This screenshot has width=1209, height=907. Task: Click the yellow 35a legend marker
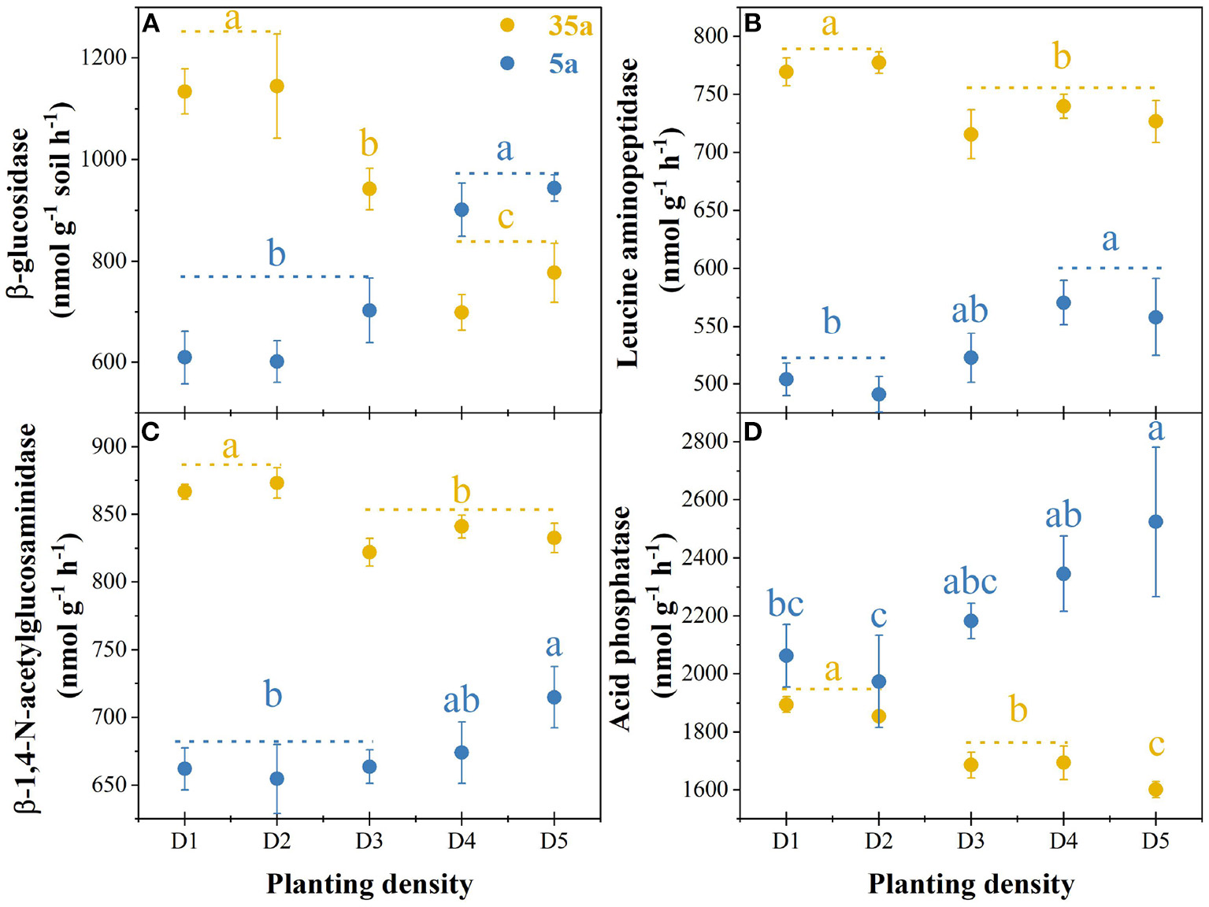click(x=507, y=26)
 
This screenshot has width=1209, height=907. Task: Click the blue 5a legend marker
click(x=507, y=63)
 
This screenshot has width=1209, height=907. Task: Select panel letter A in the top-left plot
click(x=150, y=24)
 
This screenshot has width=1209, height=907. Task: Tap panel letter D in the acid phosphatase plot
click(x=752, y=433)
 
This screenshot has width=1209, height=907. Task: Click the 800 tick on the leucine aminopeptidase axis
click(x=711, y=36)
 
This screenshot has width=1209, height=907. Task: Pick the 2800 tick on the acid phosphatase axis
click(x=704, y=441)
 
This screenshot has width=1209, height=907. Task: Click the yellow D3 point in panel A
click(x=369, y=189)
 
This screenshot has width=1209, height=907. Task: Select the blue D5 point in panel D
click(x=1155, y=522)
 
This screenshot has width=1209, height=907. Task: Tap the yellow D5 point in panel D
click(x=1155, y=790)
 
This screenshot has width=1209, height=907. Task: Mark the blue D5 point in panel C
click(x=554, y=698)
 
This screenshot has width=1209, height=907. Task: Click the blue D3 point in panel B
click(x=971, y=357)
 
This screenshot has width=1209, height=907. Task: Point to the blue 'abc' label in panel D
click(x=970, y=583)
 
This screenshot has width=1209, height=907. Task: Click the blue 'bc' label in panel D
click(x=785, y=605)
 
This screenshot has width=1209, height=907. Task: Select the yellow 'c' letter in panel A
click(x=506, y=217)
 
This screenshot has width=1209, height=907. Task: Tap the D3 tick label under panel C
click(x=369, y=842)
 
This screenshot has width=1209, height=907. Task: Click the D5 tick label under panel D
click(x=1155, y=842)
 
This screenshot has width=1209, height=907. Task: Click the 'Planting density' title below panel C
click(x=369, y=884)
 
